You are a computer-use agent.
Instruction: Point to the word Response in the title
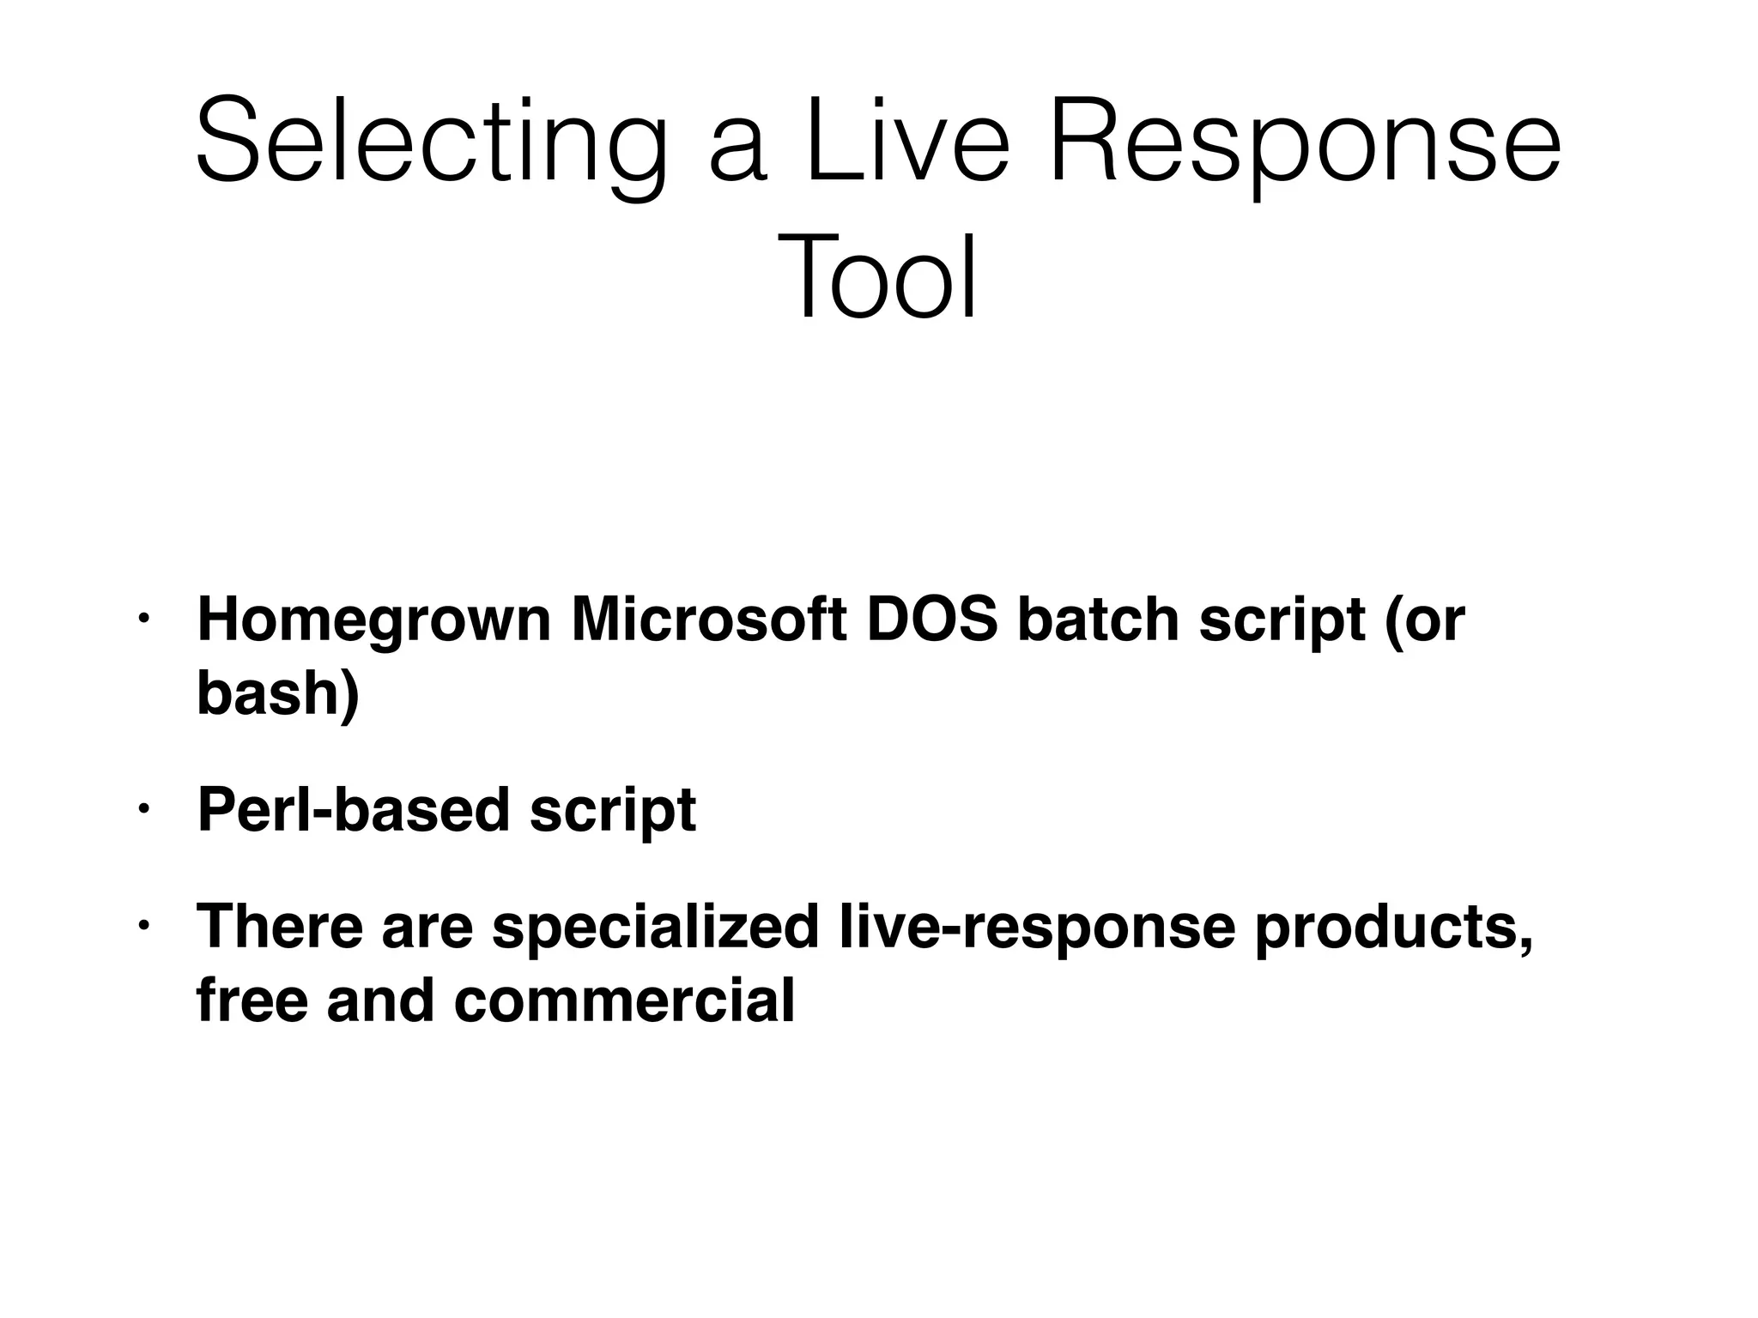pyautogui.click(x=1305, y=142)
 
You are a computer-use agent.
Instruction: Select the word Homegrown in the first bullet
pyautogui.click(x=373, y=621)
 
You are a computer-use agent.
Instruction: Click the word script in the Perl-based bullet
pyautogui.click(x=612, y=812)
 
